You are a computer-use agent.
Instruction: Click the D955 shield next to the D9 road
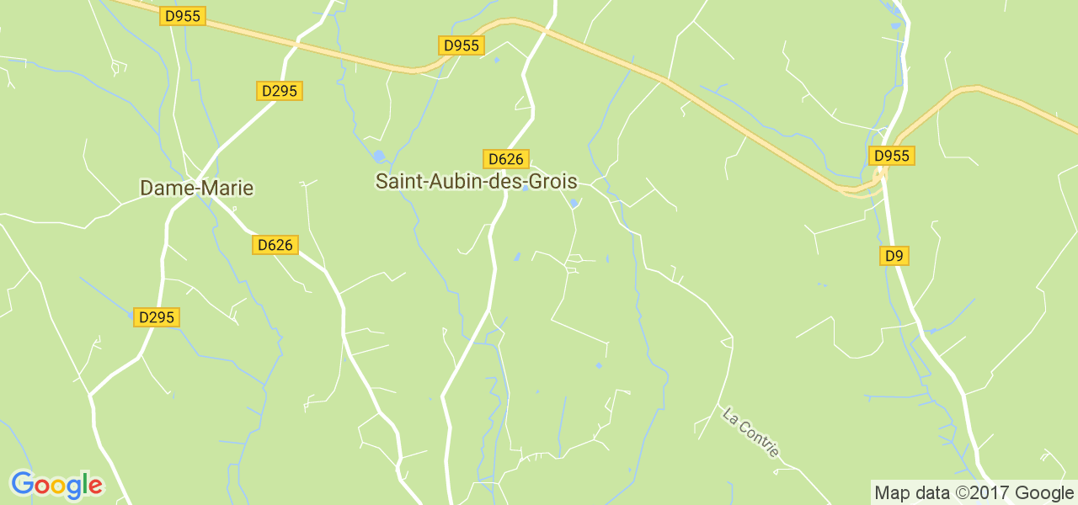click(892, 156)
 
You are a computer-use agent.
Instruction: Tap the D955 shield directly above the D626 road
click(462, 45)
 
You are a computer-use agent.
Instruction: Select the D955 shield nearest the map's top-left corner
click(184, 16)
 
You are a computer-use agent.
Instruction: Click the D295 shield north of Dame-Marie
click(280, 91)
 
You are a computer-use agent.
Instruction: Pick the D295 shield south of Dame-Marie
click(157, 317)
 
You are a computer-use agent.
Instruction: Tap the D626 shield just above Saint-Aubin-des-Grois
click(505, 159)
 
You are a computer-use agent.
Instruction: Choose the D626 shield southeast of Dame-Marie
click(275, 245)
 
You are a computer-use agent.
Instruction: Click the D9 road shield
click(894, 255)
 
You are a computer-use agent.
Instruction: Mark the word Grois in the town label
click(552, 181)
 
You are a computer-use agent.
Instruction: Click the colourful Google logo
click(56, 486)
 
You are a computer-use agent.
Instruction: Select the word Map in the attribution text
click(891, 493)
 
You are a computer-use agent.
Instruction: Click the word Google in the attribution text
click(1044, 492)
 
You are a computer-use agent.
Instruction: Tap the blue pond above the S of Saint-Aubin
click(379, 156)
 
